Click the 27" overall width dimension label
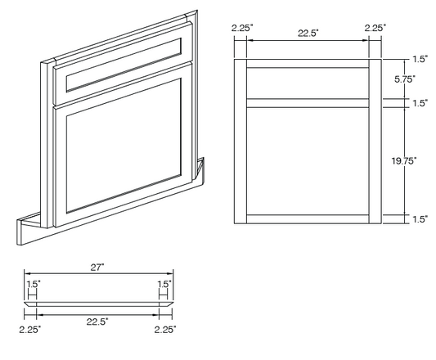(x=97, y=268)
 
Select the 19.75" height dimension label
(x=404, y=160)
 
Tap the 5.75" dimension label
(x=405, y=79)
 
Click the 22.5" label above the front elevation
(x=308, y=33)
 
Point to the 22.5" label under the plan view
(x=97, y=322)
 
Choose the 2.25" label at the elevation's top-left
(x=242, y=28)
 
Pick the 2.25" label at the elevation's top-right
(x=375, y=28)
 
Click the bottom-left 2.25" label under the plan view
(x=29, y=330)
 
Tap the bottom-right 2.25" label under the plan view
(x=165, y=330)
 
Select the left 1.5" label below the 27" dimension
(x=34, y=284)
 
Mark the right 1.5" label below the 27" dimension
(x=164, y=284)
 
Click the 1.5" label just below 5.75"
(x=420, y=103)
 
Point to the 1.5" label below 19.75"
(x=420, y=219)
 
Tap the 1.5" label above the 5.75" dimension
(x=420, y=59)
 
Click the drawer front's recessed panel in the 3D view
(x=124, y=65)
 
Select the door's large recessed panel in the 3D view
(x=124, y=146)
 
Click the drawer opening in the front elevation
(x=308, y=83)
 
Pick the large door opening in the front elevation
(x=308, y=161)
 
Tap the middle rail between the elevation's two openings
(x=308, y=103)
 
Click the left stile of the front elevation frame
(x=240, y=142)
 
